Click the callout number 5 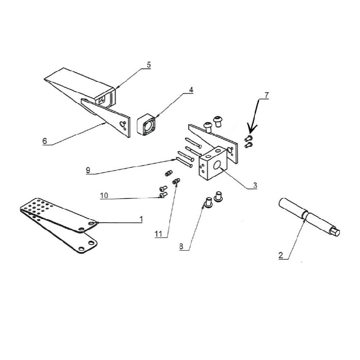(x=149, y=65)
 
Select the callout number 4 (x=191, y=90)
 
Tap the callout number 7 (x=266, y=95)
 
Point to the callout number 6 (x=45, y=141)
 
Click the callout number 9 (x=88, y=171)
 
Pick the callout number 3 (x=255, y=185)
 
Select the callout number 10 (x=104, y=196)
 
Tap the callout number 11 (x=158, y=234)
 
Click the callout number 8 (x=181, y=247)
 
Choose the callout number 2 (x=280, y=256)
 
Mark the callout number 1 (x=141, y=219)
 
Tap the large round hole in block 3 (x=217, y=165)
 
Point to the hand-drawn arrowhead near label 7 (x=251, y=129)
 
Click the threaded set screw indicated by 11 (x=176, y=181)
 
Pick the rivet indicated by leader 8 (x=208, y=202)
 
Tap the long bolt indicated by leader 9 (x=184, y=162)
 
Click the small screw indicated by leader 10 (x=163, y=195)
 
